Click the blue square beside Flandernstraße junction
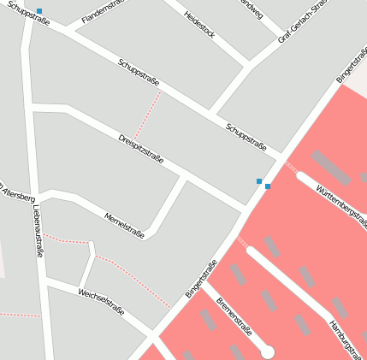coord(39,11)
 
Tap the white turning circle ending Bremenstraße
coord(267,351)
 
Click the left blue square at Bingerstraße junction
coord(259,181)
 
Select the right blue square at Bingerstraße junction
coord(268,186)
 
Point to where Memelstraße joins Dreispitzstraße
coord(183,176)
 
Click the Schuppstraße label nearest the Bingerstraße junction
coord(246,136)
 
